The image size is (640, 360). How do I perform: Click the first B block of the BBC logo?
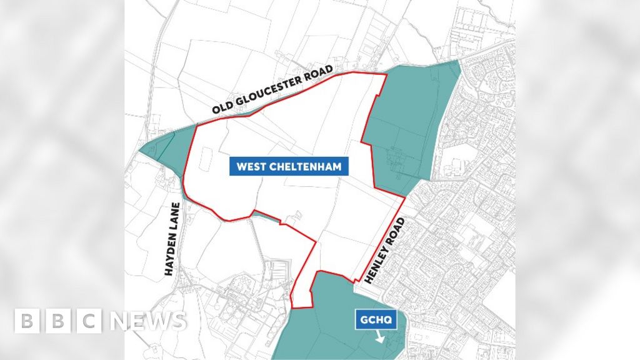(x=27, y=321)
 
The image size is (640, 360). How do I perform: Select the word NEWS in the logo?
(x=149, y=321)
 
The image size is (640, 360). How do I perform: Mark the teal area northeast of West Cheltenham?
(x=409, y=125)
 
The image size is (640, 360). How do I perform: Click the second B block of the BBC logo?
(x=58, y=321)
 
